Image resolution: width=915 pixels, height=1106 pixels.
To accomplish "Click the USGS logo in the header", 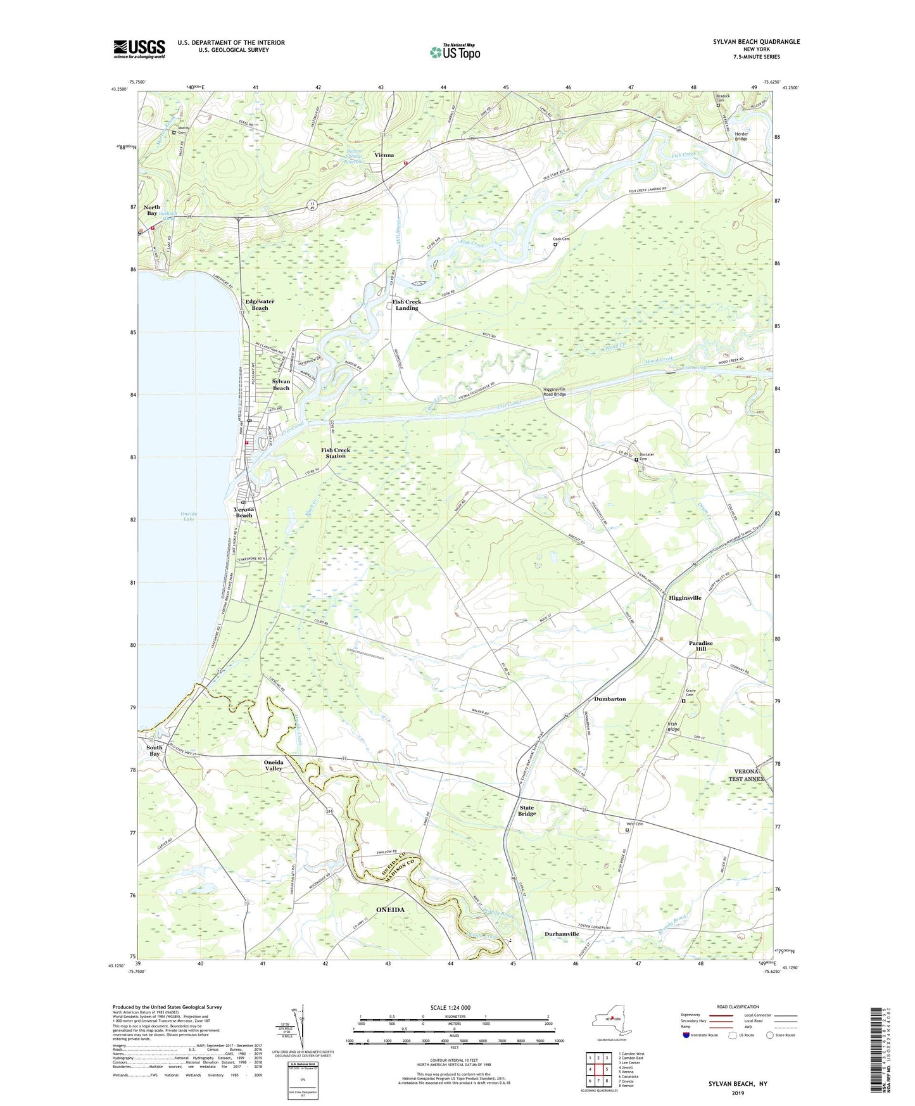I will tap(139, 49).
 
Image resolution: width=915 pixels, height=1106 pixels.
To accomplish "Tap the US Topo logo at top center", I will tap(455, 52).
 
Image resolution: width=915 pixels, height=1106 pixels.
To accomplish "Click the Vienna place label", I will tap(384, 155).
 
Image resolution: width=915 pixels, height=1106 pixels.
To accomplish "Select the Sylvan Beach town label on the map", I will tap(281, 385).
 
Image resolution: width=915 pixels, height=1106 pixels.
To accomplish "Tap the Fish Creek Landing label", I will tap(407, 305).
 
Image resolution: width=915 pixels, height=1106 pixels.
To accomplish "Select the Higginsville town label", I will tap(685, 597).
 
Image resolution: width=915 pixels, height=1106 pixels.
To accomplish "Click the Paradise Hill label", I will tap(700, 645).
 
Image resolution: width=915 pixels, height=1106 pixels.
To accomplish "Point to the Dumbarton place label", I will tap(610, 699).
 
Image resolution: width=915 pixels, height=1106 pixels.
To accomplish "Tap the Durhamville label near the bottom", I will tap(562, 934).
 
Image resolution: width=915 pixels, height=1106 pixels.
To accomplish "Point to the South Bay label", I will tap(155, 750).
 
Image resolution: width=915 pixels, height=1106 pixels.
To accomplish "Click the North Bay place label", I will tap(152, 210).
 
